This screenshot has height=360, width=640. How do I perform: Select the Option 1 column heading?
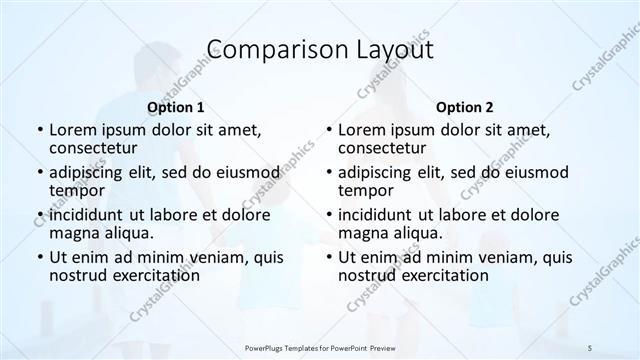point(175,107)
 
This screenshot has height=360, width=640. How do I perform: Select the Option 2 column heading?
point(464,107)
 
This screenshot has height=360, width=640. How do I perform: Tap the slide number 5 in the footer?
point(591,346)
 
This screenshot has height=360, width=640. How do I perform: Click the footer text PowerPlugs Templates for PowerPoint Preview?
point(319,346)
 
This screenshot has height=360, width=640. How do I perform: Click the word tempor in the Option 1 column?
point(77,190)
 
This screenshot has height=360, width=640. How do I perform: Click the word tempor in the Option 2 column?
point(366,190)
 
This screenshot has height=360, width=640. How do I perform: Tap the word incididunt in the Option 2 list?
point(379,215)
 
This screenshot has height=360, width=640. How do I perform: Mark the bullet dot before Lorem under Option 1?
point(39,130)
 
